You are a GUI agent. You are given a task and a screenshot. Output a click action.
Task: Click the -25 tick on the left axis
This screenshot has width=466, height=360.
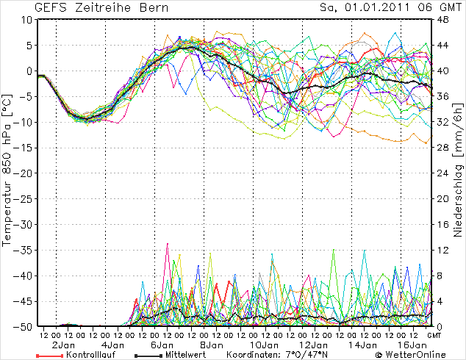[24, 199]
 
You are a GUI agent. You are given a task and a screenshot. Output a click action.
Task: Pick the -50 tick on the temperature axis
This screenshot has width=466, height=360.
[24, 327]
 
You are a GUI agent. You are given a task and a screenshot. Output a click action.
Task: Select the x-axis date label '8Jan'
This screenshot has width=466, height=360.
[212, 344]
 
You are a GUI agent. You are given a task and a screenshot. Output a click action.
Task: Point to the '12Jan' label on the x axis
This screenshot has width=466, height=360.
[312, 344]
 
